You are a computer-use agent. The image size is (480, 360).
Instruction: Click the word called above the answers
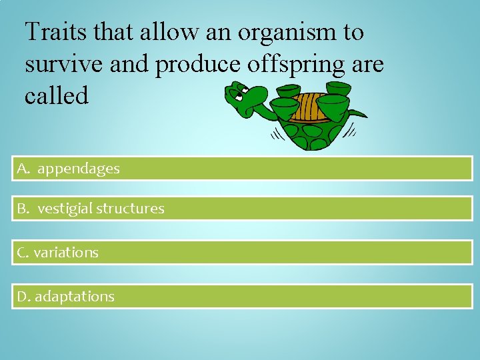(x=56, y=95)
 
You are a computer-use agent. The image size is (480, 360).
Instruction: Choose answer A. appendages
(x=241, y=169)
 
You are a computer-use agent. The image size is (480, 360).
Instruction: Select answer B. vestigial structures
(x=241, y=209)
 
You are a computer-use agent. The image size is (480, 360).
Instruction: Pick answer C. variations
(x=241, y=253)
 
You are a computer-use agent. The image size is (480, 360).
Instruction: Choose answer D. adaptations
(x=241, y=297)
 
